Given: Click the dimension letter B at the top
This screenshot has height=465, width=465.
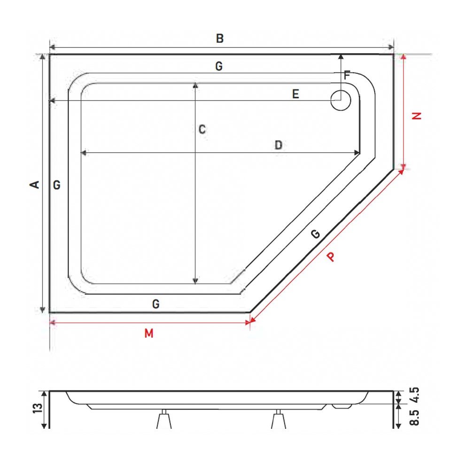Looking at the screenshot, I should coord(219,39).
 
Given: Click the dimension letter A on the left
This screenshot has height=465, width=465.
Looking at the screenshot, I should coord(35,185).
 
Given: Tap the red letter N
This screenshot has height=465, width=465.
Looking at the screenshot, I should coord(417,116).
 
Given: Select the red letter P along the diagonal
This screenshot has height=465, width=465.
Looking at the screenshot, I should coord(331,256).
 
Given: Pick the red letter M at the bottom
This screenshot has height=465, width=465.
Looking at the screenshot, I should coord(149,333).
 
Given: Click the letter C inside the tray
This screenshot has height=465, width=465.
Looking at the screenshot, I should coord(202,129).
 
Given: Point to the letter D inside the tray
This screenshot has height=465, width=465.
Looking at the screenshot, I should coord(278,145).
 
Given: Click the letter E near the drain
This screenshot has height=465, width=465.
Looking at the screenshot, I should coord(295,94).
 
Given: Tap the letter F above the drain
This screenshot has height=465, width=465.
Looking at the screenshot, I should coord(347,75).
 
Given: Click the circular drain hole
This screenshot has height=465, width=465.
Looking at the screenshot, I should coord(340,100).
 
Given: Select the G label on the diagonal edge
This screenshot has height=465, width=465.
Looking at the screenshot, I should coord(316,234).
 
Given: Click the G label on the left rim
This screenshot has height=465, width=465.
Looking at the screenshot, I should coord(56,185).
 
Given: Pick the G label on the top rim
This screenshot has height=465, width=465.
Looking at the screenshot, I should coord(219,67).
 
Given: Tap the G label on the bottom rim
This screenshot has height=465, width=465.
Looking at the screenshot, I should coord(156,304).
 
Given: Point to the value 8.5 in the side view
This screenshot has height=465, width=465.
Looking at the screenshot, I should coord(414,417).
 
